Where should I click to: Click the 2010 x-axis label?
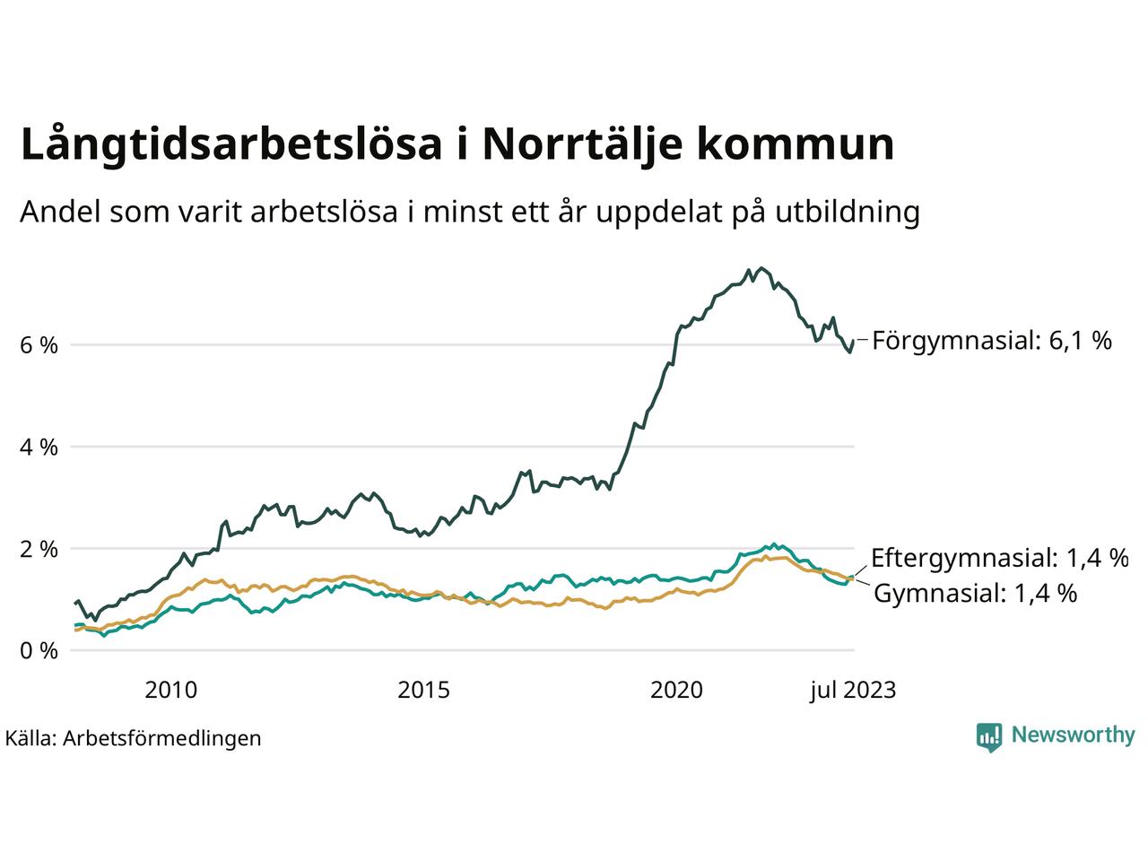pyautogui.click(x=170, y=690)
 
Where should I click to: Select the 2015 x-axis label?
pyautogui.click(x=423, y=690)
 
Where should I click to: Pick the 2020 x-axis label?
pyautogui.click(x=676, y=690)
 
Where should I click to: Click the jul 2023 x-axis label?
pyautogui.click(x=851, y=690)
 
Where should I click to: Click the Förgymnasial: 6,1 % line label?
pyautogui.click(x=992, y=341)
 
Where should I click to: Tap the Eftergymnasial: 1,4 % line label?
pyautogui.click(x=999, y=558)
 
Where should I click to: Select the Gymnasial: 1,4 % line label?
pyautogui.click(x=975, y=593)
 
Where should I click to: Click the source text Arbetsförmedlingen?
pyautogui.click(x=162, y=738)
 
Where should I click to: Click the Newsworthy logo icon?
pyautogui.click(x=988, y=736)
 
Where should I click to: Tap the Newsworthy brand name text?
pyautogui.click(x=1073, y=735)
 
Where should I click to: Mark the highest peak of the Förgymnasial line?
pyautogui.click(x=761, y=267)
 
